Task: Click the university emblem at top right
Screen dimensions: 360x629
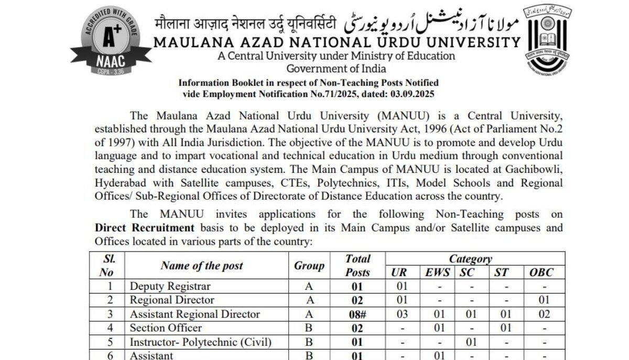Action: [548, 42]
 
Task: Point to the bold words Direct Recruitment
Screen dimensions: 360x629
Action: [144, 228]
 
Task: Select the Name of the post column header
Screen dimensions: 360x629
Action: [202, 266]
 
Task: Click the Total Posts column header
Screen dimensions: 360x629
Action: [357, 266]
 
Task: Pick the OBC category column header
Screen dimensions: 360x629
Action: [541, 272]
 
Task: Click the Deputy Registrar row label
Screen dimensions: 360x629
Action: [170, 286]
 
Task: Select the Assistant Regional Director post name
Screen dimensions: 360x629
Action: [194, 314]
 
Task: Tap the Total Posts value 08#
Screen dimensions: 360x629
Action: [357, 314]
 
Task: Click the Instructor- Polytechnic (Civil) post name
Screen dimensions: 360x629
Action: [201, 342]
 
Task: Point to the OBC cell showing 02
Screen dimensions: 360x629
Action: [544, 314]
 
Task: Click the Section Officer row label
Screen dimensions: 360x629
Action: [166, 328]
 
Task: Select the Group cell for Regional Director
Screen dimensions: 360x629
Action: [309, 300]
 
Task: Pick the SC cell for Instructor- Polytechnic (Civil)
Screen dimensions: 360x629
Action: [472, 342]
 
